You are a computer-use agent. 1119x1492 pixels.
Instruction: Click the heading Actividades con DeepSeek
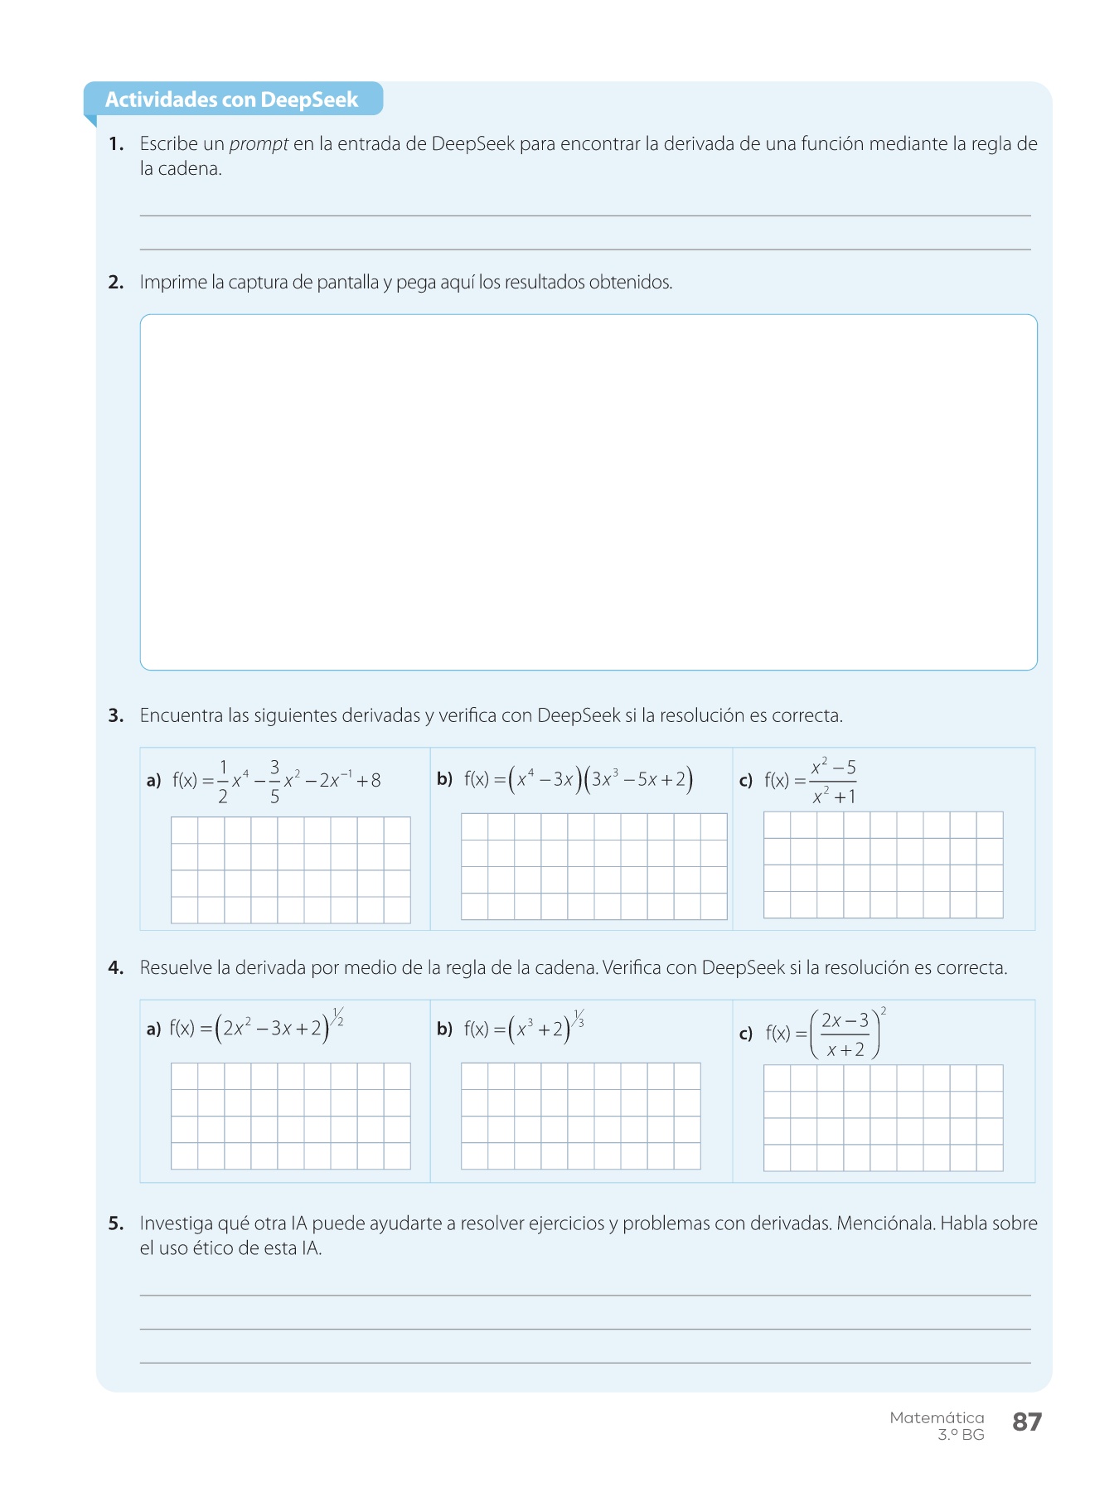pos(231,99)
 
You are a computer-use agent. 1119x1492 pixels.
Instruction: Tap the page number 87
pos(1026,1422)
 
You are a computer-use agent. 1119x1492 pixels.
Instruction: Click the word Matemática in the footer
pos(937,1417)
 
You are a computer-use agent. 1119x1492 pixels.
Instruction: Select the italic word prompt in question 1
pos(259,144)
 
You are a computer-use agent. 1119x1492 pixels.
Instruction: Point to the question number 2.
pos(116,283)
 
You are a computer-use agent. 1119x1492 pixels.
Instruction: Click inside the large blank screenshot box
pos(589,492)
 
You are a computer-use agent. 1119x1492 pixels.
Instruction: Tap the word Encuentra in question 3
pos(182,715)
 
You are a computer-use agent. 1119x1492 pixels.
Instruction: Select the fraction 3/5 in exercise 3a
pos(274,781)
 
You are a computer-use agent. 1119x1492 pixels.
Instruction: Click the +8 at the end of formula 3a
pos(369,780)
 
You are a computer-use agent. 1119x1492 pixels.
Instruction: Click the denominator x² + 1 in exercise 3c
pos(834,797)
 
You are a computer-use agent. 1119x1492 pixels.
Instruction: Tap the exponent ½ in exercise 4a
pos(338,1016)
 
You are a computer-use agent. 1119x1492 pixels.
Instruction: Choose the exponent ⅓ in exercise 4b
pos(579,1018)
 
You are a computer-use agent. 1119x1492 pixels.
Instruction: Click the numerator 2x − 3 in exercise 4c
pos(845,1020)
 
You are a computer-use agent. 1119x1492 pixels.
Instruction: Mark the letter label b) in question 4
pos(444,1029)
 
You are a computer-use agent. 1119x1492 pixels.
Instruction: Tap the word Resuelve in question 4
pos(175,967)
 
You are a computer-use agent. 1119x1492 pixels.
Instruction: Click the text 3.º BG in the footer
pos(961,1435)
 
